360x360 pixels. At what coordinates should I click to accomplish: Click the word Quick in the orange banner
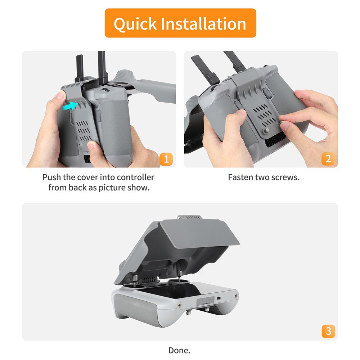coord(135,24)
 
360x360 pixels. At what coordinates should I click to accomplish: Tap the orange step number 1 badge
coord(166,159)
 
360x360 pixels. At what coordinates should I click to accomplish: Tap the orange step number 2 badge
coord(328,159)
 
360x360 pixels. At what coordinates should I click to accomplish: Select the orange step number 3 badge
coord(328,331)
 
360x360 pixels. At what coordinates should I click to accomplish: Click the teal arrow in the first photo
coord(70,106)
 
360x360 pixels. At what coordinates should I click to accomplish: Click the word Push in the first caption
coord(52,177)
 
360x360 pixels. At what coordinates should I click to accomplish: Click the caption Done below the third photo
coord(179,350)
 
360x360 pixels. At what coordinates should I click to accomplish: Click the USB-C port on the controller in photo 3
coord(219,298)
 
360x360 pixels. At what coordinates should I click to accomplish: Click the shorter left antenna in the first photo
coord(80,68)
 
